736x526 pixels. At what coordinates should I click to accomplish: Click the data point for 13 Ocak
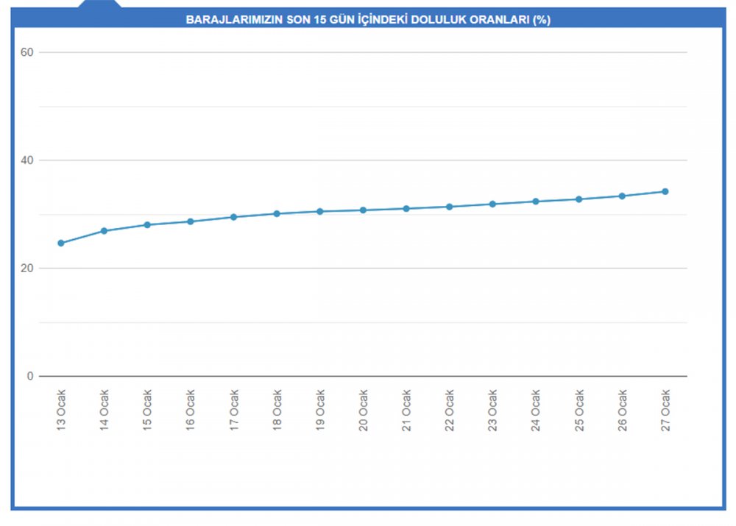pos(61,243)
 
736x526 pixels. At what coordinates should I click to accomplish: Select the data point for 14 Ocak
pos(104,231)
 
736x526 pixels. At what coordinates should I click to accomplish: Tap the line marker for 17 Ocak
pos(233,217)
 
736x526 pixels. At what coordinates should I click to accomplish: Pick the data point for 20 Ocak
pos(363,210)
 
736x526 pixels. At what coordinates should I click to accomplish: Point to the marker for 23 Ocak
pos(492,204)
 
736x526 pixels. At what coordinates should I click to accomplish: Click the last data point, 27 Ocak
pos(665,191)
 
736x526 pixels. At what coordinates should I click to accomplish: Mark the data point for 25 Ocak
pos(578,199)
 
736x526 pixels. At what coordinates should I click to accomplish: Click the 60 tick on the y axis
pos(27,52)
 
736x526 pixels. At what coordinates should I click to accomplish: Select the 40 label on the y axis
pos(27,160)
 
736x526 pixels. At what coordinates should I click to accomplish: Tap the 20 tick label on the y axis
pos(27,269)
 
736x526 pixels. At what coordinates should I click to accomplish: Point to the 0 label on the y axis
pos(31,376)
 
